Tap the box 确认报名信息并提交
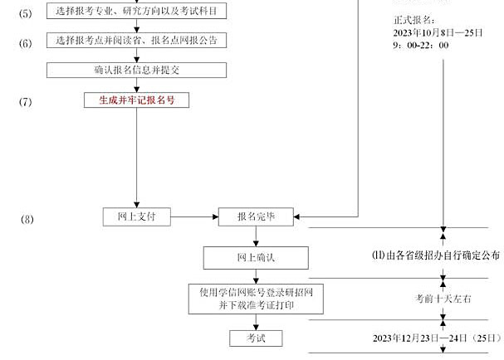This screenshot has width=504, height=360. click(x=137, y=71)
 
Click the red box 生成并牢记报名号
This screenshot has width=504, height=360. click(x=137, y=100)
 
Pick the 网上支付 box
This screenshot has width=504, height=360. click(x=137, y=216)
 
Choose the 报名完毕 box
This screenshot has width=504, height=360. click(x=257, y=216)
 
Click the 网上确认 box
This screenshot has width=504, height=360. click(x=257, y=257)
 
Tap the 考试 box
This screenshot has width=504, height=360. click(x=256, y=338)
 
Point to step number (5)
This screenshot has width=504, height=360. click(x=26, y=13)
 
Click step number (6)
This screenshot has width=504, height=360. click(x=26, y=42)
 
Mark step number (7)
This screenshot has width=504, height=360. click(x=26, y=101)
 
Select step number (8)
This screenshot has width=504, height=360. click(x=27, y=219)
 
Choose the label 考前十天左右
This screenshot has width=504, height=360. click(x=443, y=298)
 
